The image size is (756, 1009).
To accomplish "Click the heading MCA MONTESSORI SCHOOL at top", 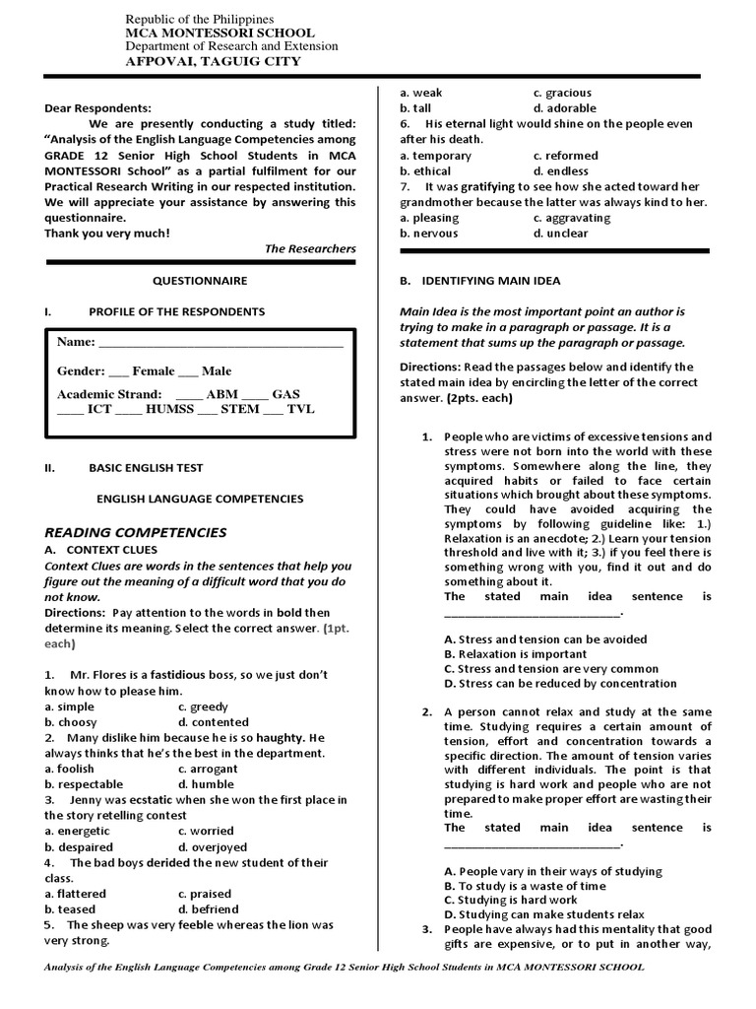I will coord(213,33).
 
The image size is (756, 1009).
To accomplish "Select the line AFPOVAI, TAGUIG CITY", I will coord(213,61).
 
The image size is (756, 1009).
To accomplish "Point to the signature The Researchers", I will coord(310,248).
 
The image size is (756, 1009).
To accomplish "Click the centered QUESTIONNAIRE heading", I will coord(200,281).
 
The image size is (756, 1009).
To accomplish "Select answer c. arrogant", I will coord(208,769).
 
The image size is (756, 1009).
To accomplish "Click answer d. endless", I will coord(560,170).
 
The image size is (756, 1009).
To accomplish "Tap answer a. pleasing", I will coord(429,218).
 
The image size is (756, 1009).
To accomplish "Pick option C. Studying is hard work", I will coord(511,900).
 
